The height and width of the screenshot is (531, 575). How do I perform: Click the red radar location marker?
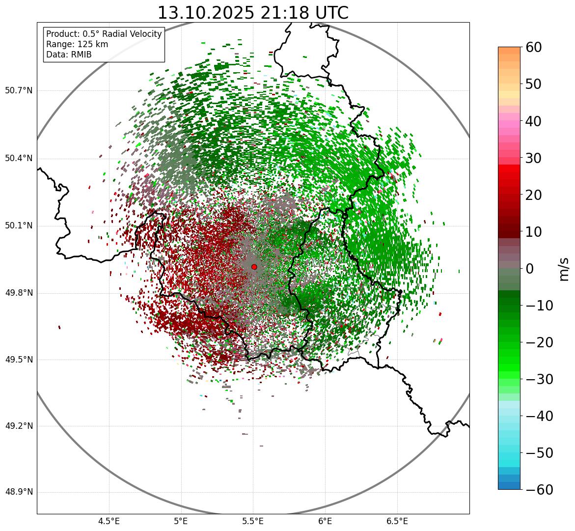pyautogui.click(x=254, y=267)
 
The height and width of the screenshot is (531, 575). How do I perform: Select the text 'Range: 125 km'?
pyautogui.click(x=77, y=44)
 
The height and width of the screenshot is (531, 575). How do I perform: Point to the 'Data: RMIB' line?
pyautogui.click(x=69, y=55)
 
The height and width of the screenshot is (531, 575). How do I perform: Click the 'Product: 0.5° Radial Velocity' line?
pyautogui.click(x=104, y=34)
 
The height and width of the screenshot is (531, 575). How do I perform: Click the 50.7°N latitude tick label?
pyautogui.click(x=19, y=90)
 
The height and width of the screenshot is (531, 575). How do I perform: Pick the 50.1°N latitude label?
pyautogui.click(x=19, y=226)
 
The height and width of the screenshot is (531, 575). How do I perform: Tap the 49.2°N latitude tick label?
pyautogui.click(x=19, y=426)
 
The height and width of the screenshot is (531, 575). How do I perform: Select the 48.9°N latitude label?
pyautogui.click(x=19, y=492)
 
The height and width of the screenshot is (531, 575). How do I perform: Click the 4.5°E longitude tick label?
pyautogui.click(x=109, y=521)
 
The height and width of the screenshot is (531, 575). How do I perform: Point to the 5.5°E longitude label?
pyautogui.click(x=253, y=521)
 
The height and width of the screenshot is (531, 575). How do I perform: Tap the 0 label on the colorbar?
pyautogui.click(x=529, y=269)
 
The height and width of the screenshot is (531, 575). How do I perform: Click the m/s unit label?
pyautogui.click(x=564, y=269)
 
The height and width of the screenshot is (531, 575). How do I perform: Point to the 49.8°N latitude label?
pyautogui.click(x=19, y=293)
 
